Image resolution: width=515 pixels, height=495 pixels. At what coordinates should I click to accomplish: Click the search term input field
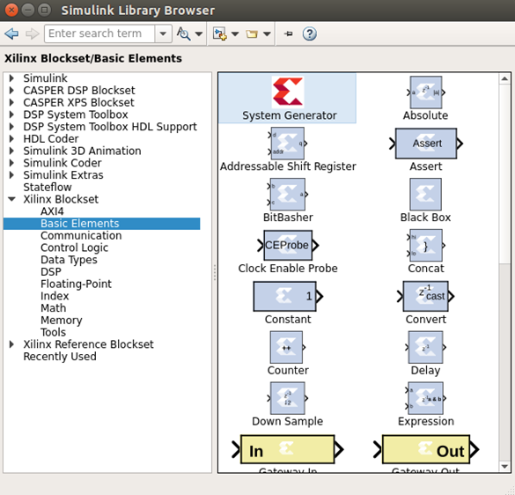point(99,33)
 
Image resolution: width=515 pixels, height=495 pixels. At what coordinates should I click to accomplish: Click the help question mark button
point(309,33)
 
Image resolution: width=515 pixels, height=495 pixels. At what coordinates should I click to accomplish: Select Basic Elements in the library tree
point(79,224)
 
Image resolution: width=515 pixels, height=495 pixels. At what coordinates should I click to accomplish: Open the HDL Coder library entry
point(50,139)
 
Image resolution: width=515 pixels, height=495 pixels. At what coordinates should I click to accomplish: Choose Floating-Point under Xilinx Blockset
point(76,284)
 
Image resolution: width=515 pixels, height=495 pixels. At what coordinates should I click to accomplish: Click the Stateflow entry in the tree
point(48,188)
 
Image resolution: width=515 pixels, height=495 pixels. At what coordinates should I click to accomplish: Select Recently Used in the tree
point(60,357)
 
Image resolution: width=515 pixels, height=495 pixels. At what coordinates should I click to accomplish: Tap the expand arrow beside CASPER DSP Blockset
point(11,91)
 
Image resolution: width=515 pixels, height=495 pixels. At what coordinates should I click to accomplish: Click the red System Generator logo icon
point(288,92)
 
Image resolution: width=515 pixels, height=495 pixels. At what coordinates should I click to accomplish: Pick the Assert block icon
point(425,143)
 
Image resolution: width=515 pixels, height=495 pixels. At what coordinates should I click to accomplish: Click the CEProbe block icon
point(288,245)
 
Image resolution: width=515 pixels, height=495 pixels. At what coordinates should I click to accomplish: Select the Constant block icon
point(284,296)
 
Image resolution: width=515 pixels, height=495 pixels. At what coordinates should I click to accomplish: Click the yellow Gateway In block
point(287,450)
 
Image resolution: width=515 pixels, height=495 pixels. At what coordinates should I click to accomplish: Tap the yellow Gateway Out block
point(425,450)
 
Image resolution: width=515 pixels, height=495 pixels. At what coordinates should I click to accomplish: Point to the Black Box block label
point(425,218)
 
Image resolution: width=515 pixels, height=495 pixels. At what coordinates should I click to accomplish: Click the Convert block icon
point(425,296)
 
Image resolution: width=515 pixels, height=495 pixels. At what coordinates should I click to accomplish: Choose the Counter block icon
point(287,347)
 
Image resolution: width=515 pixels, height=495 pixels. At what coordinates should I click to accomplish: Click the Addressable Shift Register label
point(288,166)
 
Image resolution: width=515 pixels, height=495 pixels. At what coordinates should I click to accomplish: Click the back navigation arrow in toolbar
point(11,33)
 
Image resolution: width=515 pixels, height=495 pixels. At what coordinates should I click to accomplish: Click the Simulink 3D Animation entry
point(82,151)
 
